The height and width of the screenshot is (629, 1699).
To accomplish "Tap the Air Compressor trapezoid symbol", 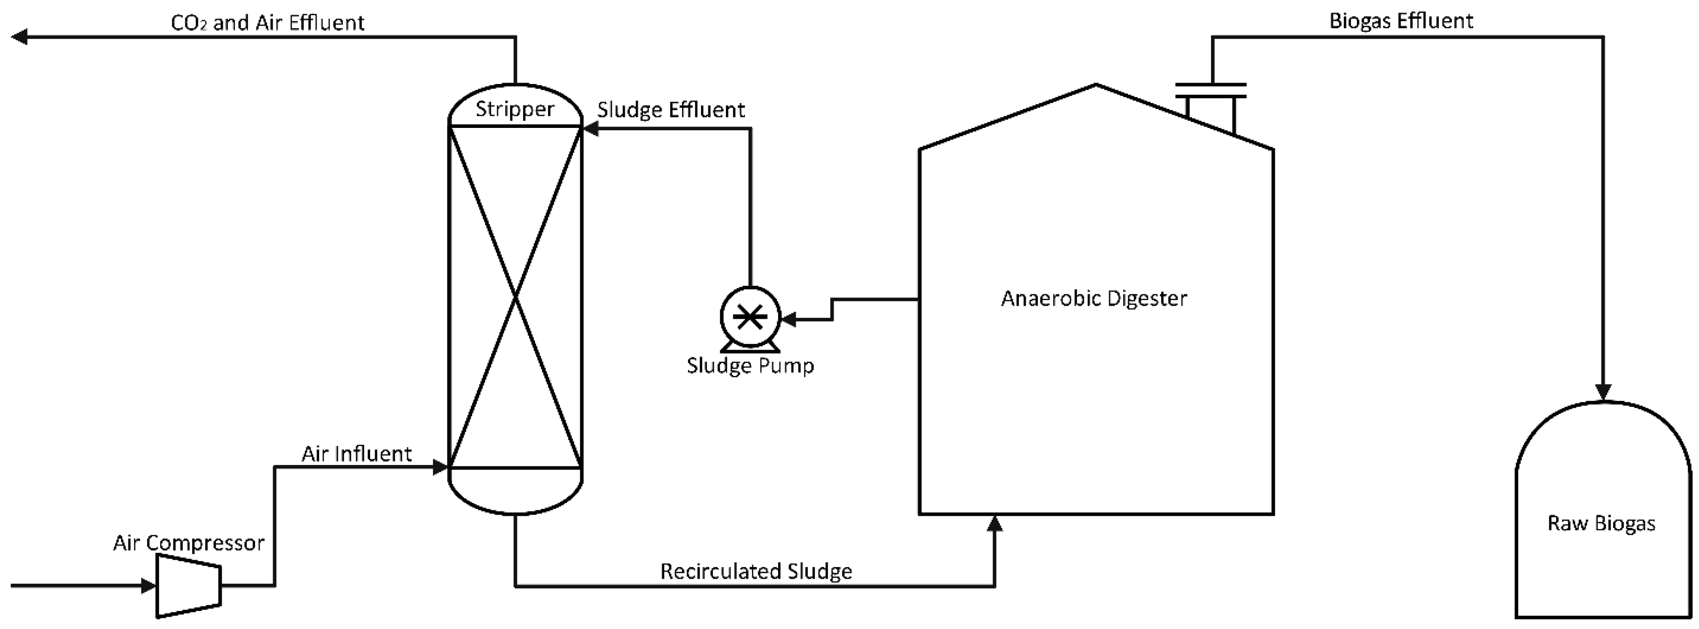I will [188, 586].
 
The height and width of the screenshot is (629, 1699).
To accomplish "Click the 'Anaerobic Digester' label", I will [1094, 299].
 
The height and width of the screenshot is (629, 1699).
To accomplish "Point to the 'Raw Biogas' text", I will [1602, 524].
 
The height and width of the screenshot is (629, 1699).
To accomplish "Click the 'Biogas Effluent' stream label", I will [1401, 21].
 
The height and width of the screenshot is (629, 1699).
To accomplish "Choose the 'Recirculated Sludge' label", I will [756, 571].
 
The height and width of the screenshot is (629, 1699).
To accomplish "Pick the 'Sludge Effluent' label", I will [671, 109].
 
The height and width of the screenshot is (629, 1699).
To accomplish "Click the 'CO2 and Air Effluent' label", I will [267, 23].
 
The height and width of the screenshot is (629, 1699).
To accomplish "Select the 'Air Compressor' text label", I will [189, 543].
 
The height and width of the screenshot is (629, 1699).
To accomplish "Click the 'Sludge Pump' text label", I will [750, 365].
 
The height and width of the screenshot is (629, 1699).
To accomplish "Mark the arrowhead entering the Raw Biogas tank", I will [1603, 392].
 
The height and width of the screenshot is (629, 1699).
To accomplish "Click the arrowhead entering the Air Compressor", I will [148, 586].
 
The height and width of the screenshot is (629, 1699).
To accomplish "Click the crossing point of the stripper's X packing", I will [515, 297].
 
